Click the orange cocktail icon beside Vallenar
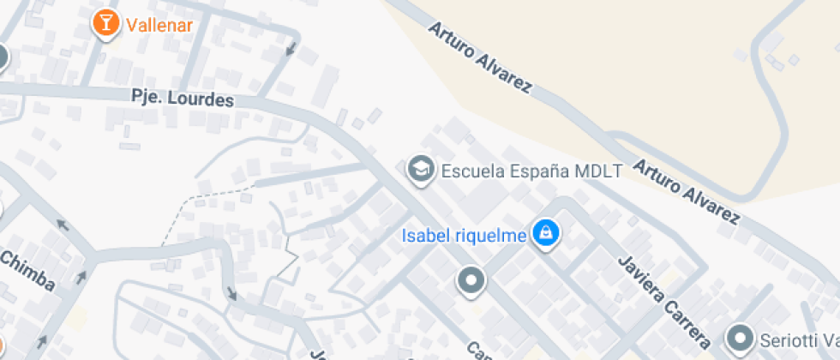[106, 24]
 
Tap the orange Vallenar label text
[159, 24]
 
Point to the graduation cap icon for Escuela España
[420, 170]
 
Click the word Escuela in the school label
[469, 171]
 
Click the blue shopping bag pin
[545, 232]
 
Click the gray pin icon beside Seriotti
[740, 337]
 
